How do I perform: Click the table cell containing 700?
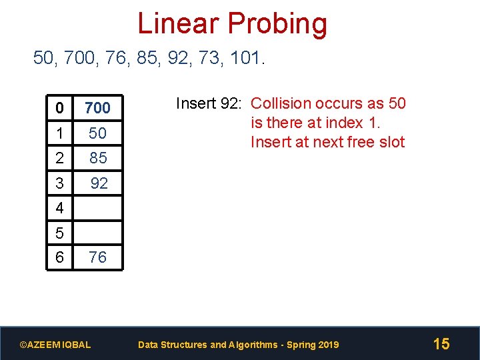pyautogui.click(x=97, y=107)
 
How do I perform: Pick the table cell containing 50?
pyautogui.click(x=97, y=133)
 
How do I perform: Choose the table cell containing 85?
pyautogui.click(x=97, y=158)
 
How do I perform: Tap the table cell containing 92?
pyautogui.click(x=98, y=183)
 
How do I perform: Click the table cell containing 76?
pyautogui.click(x=97, y=257)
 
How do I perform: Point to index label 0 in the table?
pyautogui.click(x=60, y=107)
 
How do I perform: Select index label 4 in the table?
pyautogui.click(x=60, y=208)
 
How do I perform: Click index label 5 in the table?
pyautogui.click(x=60, y=233)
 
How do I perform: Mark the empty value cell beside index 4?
pyautogui.click(x=97, y=208)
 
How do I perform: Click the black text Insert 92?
pyautogui.click(x=211, y=103)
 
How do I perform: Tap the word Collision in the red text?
pyautogui.click(x=281, y=103)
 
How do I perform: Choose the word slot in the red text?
pyautogui.click(x=390, y=142)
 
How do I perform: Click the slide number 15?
pyautogui.click(x=441, y=344)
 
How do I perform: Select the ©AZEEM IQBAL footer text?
pyautogui.click(x=55, y=345)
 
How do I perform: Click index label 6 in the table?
pyautogui.click(x=60, y=257)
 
